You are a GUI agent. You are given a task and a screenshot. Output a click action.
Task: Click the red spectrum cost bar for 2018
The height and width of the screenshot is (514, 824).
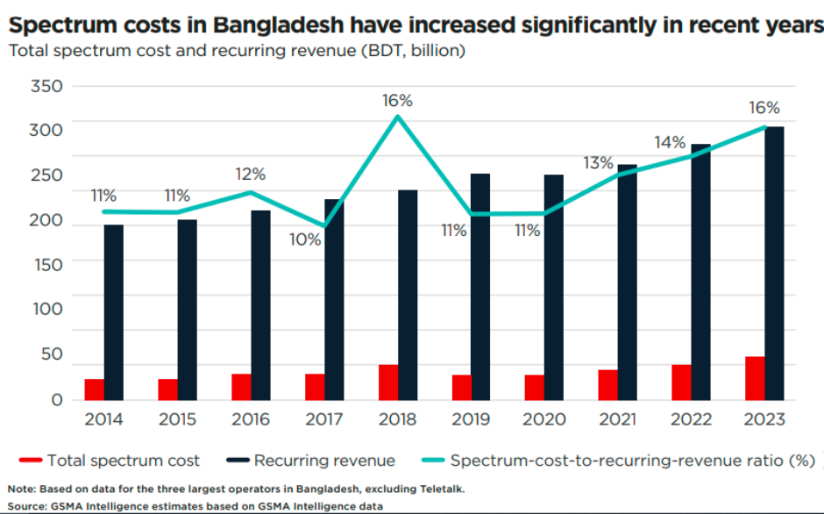tap(388, 382)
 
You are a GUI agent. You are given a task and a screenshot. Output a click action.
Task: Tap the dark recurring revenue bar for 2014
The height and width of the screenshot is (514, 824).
tap(114, 311)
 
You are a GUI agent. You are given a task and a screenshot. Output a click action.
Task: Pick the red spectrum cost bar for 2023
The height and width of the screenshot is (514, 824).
tap(754, 378)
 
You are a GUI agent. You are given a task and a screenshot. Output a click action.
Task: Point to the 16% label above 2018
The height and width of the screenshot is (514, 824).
tap(397, 101)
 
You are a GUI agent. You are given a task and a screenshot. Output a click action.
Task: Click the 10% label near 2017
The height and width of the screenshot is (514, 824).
tap(306, 238)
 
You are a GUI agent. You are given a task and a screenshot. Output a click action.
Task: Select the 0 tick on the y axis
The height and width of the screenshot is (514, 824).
tap(56, 399)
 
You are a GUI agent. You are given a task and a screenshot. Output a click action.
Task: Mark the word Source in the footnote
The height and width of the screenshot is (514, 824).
tap(27, 506)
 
